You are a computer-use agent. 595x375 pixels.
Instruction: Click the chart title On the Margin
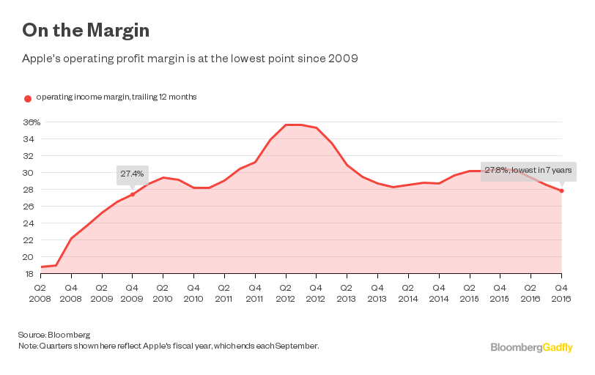point(86,30)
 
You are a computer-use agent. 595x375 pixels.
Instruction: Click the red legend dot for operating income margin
point(28,98)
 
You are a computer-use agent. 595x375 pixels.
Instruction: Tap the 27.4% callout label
point(132,174)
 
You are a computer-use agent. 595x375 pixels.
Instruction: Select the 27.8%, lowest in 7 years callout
point(527,170)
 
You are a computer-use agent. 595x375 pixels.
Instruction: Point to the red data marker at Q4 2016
point(561,191)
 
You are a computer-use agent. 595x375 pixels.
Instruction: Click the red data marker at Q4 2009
point(132,194)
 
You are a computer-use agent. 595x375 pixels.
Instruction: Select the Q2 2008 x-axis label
point(40,293)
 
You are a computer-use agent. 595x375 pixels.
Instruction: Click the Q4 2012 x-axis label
point(316,293)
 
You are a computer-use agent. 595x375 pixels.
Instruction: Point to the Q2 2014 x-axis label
point(408,293)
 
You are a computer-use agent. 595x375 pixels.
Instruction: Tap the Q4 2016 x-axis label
point(561,293)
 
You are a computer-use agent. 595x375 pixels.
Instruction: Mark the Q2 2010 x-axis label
point(162,293)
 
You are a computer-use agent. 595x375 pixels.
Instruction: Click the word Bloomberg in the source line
point(61,334)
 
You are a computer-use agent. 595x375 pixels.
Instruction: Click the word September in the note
point(297,345)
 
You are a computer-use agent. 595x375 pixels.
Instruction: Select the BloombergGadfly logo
point(531,347)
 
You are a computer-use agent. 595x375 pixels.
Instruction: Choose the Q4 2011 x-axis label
point(254,293)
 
